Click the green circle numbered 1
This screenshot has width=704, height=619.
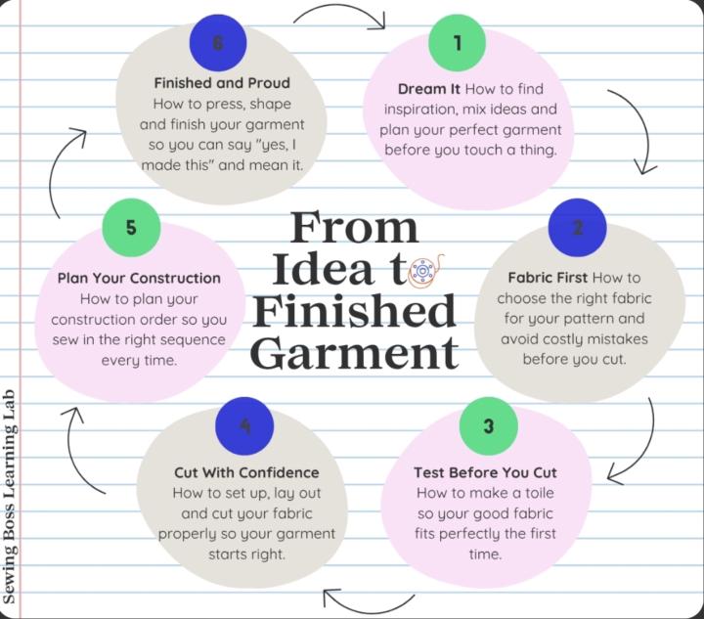pyautogui.click(x=457, y=43)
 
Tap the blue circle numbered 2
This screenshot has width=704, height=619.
pyautogui.click(x=578, y=228)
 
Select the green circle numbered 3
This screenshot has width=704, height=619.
pyautogui.click(x=489, y=426)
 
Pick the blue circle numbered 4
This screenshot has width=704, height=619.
pyautogui.click(x=244, y=426)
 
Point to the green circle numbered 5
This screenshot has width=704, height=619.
pyautogui.click(x=131, y=228)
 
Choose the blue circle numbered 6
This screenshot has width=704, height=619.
pyautogui.click(x=218, y=43)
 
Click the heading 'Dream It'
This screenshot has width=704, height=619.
pyautogui.click(x=429, y=89)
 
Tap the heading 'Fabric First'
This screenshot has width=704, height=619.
pyautogui.click(x=548, y=278)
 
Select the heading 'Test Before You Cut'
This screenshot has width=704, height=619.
pyautogui.click(x=485, y=472)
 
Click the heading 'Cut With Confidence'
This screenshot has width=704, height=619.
pyautogui.click(x=246, y=472)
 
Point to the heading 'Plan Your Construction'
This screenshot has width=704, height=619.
pyautogui.click(x=139, y=279)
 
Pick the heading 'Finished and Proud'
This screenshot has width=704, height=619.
pyautogui.click(x=222, y=83)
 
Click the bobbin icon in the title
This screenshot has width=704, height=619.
pyautogui.click(x=424, y=270)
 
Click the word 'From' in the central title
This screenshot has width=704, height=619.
pyautogui.click(x=354, y=227)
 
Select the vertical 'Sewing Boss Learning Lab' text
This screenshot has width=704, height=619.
pyautogui.click(x=9, y=497)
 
